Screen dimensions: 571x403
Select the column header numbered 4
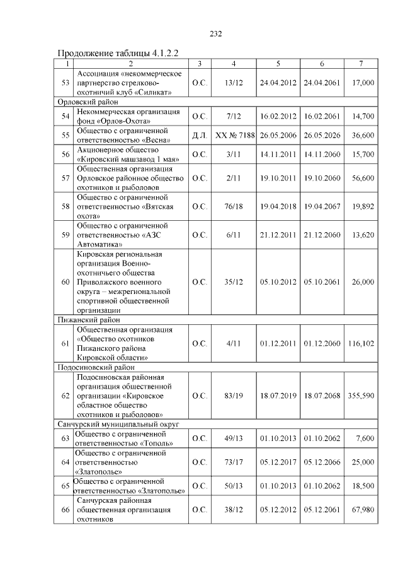coord(234,64)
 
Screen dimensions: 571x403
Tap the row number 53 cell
coord(65,83)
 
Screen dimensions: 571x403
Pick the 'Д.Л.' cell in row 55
coord(199,136)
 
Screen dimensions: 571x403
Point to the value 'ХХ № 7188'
coord(234,136)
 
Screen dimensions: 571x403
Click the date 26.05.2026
coord(322,136)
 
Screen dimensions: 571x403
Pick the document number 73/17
coord(234,462)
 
